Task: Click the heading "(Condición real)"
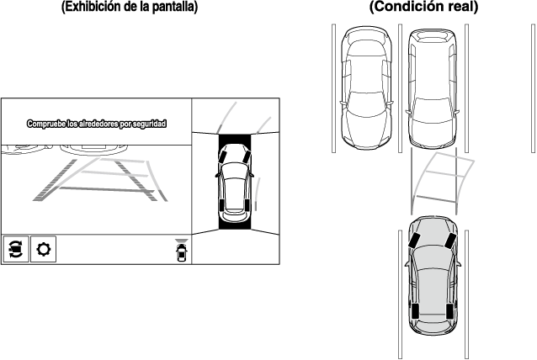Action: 423,8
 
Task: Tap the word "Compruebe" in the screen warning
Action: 46,124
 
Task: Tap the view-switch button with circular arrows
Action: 15,250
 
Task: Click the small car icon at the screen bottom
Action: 181,251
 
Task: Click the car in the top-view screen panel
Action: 234,181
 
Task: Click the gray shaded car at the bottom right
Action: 432,282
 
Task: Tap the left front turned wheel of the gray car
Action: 416,237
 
